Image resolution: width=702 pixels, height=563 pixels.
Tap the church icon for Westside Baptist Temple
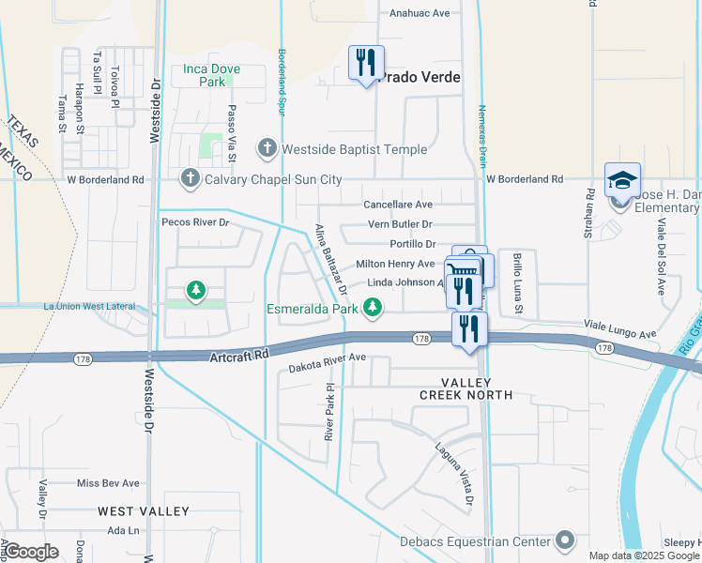coord(267,148)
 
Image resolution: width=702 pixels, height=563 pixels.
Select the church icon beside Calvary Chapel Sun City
coord(191,178)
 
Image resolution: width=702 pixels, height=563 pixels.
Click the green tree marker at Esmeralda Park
coord(374,307)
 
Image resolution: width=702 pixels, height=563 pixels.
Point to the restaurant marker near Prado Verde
coord(364,63)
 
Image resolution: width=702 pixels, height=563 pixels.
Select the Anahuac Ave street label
coord(420,13)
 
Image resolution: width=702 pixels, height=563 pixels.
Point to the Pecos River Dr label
coord(195,222)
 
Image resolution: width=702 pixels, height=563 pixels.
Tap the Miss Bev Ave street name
coord(108,483)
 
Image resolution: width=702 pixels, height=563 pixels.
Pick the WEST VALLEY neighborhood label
coord(144,511)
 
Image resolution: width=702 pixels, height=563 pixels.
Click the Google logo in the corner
coord(30,552)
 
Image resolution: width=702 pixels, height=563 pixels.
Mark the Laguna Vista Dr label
coord(452,473)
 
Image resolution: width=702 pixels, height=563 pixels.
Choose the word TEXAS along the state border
coord(23,132)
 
